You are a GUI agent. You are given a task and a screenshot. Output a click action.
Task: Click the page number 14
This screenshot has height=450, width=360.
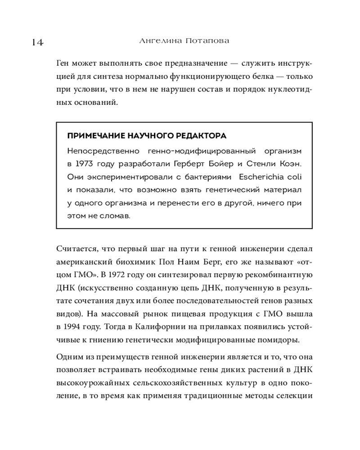[37, 43]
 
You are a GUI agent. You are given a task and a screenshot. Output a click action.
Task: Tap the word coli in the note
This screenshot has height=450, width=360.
[292, 176]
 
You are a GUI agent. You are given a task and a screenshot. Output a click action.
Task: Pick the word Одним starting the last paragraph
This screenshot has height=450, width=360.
[69, 358]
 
